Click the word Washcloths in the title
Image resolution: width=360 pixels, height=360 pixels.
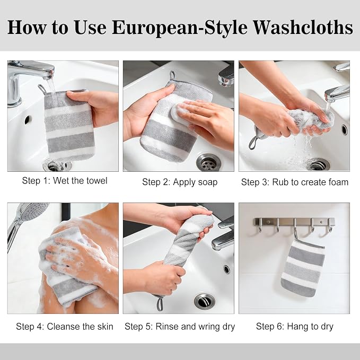point(303,28)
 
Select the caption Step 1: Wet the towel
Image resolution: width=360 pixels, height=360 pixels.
point(65,181)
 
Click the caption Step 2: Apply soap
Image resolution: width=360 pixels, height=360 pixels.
point(180,182)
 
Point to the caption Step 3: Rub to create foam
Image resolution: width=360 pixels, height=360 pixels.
point(295,182)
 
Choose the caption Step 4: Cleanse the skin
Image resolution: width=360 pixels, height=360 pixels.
point(65,326)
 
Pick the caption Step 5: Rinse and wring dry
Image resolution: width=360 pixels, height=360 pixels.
point(180,327)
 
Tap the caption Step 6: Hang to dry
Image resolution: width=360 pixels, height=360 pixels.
point(295,327)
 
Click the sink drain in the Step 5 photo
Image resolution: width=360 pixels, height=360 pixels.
point(205,301)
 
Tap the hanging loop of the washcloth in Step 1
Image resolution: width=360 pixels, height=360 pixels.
point(42,89)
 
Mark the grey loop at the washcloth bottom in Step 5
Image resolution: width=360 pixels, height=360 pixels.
point(160,303)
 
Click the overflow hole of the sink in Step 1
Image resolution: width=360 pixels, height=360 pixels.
point(28,120)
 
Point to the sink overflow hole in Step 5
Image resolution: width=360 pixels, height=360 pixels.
point(226,269)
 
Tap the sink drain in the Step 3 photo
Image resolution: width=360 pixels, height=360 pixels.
point(318,164)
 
